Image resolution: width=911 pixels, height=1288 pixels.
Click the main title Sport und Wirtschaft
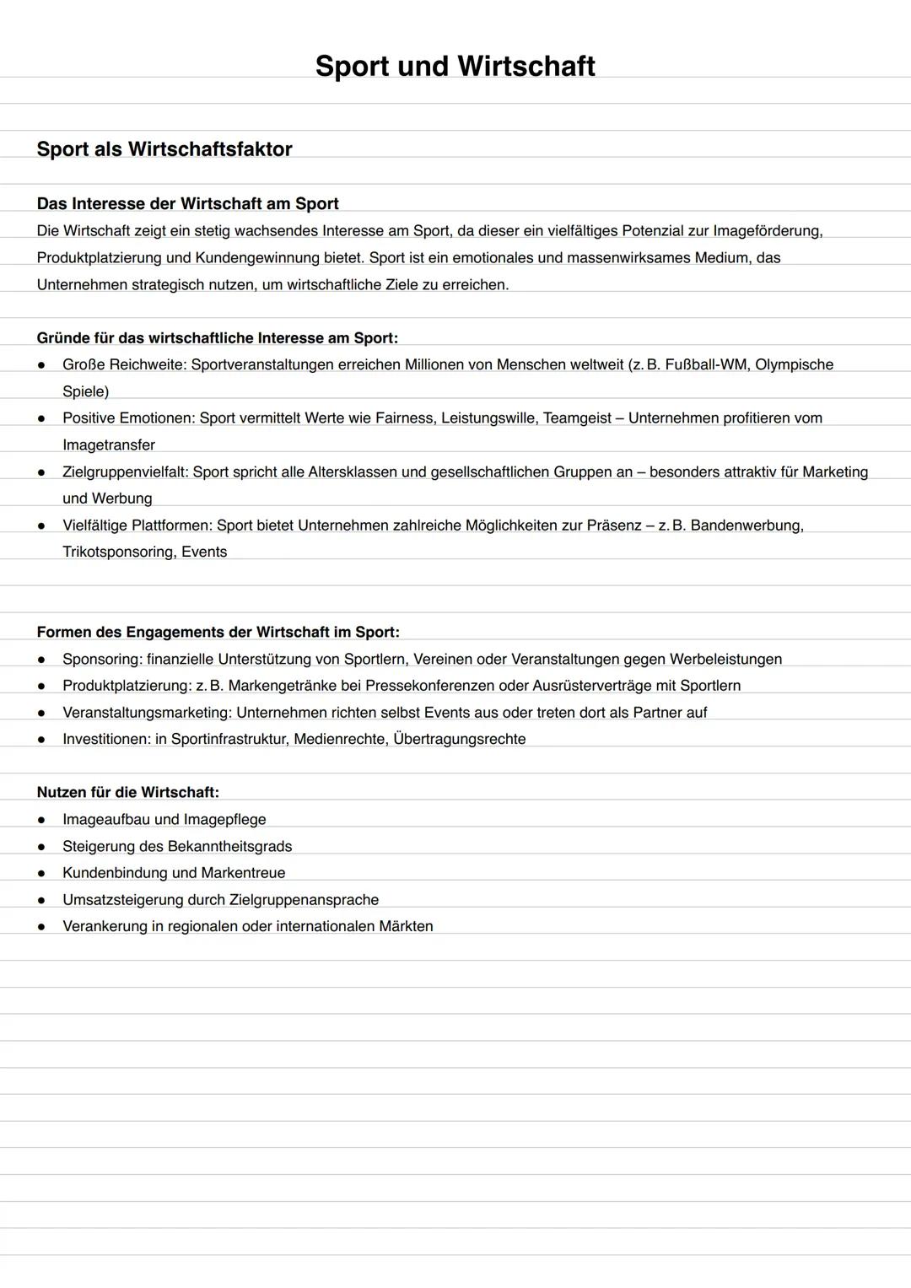(455, 66)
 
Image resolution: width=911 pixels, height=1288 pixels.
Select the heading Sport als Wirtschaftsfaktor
(164, 149)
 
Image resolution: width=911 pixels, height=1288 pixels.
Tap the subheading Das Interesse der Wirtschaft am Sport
(187, 203)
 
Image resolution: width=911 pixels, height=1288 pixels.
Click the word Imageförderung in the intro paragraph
(767, 230)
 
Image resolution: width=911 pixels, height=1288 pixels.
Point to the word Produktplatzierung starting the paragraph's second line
(101, 257)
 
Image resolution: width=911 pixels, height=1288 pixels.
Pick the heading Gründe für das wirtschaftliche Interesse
(217, 338)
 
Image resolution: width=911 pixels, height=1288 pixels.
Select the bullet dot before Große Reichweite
(40, 365)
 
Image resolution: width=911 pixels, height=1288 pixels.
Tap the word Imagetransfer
(109, 445)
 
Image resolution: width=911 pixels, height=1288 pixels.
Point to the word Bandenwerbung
(747, 525)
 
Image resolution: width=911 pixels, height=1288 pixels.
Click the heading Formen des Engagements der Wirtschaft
(218, 632)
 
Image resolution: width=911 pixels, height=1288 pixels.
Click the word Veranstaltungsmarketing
(147, 713)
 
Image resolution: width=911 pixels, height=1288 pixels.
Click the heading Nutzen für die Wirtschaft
(127, 792)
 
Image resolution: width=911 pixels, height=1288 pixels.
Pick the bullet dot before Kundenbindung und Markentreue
(40, 873)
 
